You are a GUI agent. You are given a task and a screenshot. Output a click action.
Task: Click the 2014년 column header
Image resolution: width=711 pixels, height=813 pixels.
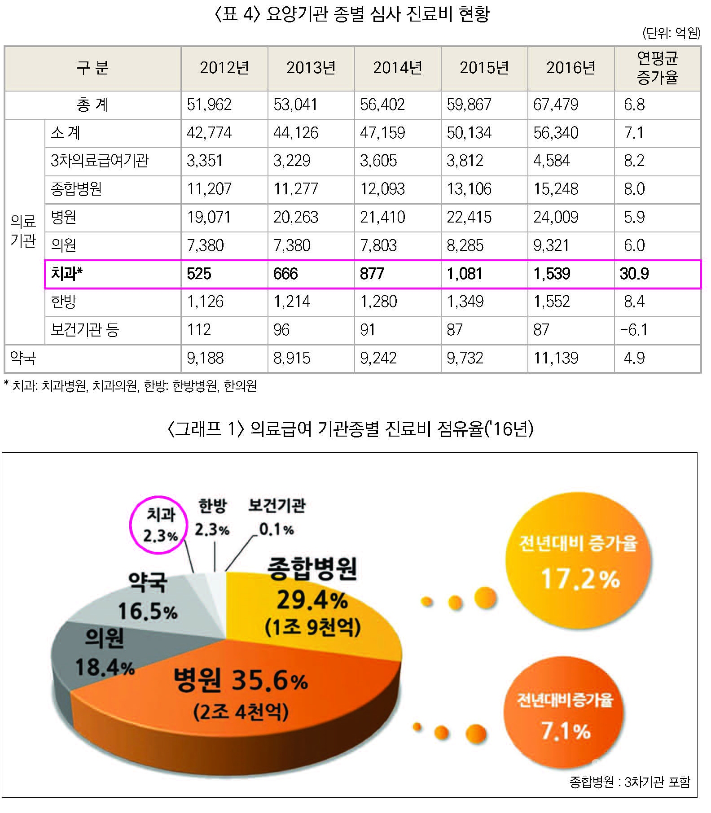[x=397, y=68]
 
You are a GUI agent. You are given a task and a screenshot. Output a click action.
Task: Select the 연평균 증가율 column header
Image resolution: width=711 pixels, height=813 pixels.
[x=657, y=68]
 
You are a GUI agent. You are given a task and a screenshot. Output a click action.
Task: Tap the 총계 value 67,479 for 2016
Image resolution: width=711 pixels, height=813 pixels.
[x=556, y=105]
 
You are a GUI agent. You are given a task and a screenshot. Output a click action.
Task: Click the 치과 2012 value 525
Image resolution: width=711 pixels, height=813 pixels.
[x=199, y=274]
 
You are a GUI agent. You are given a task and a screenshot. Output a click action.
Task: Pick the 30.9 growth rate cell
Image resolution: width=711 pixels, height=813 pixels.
[x=634, y=274]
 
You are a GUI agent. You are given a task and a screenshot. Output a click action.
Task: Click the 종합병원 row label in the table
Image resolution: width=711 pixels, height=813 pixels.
[x=76, y=189]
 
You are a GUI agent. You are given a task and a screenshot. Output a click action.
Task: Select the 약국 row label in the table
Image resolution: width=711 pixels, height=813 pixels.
[x=23, y=358]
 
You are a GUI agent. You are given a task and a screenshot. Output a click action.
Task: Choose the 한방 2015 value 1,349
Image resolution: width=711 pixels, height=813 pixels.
[x=465, y=302]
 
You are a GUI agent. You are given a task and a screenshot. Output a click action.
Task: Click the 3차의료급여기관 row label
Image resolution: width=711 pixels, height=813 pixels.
[x=99, y=161]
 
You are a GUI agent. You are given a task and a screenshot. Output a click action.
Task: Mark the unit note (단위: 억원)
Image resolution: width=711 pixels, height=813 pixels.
[x=671, y=33]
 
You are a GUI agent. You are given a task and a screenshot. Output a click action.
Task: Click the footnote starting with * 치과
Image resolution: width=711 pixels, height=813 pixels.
[x=130, y=386]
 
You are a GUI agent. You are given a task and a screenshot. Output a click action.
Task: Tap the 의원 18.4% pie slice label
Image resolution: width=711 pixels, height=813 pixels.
[x=105, y=653]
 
